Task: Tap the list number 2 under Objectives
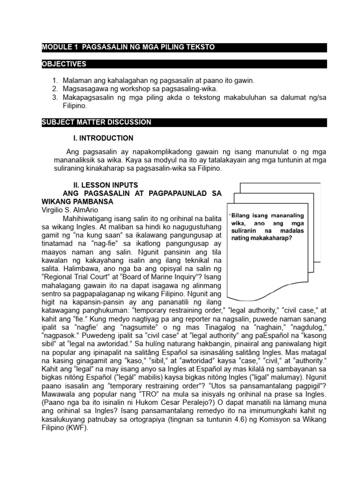coord(54,89)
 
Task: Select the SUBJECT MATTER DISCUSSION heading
coord(97,122)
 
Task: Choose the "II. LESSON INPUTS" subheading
coord(103,186)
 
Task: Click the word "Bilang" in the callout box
coord(242,216)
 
